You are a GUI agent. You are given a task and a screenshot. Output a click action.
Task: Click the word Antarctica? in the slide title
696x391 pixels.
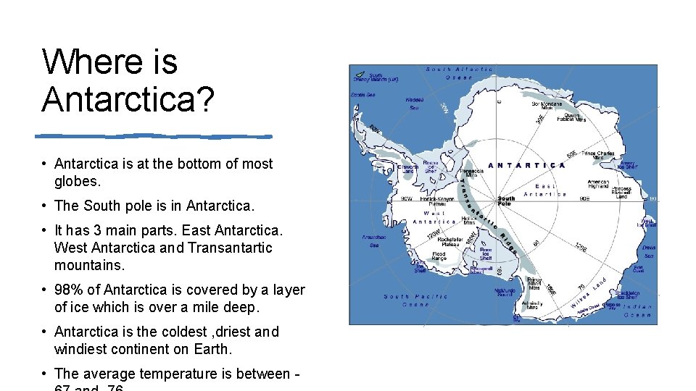[128, 98]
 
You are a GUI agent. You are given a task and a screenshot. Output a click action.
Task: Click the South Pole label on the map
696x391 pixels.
[506, 201]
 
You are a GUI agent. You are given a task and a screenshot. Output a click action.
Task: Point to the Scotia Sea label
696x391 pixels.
[363, 95]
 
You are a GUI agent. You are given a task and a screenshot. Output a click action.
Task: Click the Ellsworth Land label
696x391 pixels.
[407, 169]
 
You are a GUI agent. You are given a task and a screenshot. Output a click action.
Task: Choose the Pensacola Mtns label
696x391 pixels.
[471, 172]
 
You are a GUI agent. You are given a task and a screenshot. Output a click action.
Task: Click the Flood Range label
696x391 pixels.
[439, 256]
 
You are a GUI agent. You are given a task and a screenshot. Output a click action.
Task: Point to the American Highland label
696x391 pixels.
[598, 184]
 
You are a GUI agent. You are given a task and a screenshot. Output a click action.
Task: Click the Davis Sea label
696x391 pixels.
[648, 251]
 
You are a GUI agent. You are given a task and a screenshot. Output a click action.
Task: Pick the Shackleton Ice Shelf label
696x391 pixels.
[628, 293]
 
